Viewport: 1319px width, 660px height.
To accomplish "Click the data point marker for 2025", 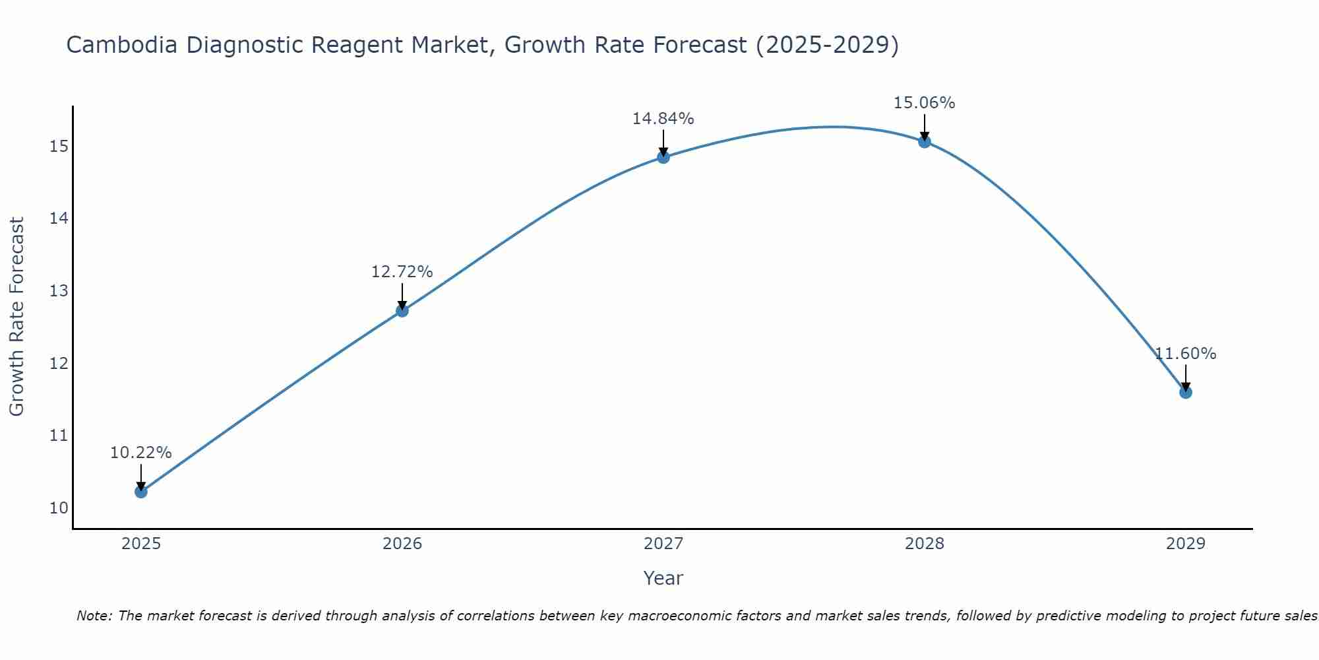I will [x=140, y=492].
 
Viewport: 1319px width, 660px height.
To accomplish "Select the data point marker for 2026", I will [x=402, y=310].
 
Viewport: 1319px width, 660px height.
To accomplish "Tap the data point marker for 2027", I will [x=663, y=157].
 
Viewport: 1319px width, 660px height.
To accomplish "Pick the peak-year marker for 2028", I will [x=925, y=141].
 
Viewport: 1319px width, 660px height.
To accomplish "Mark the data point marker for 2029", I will [x=1186, y=392].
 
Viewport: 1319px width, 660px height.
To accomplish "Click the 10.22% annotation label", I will [x=140, y=453].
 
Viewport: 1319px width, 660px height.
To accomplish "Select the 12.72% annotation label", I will [x=402, y=272].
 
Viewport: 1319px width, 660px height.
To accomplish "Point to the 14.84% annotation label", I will [x=663, y=119].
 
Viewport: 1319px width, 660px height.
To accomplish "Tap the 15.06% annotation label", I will [x=924, y=103].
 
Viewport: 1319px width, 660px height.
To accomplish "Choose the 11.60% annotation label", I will [x=1185, y=354].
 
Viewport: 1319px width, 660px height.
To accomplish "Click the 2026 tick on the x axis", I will [x=402, y=544].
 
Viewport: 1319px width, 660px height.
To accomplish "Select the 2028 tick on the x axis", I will [x=925, y=544].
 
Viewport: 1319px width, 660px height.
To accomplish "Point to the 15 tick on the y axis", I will [x=59, y=146].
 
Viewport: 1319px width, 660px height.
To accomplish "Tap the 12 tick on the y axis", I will [x=59, y=363].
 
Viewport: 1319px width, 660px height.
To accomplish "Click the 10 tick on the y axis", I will [x=59, y=508].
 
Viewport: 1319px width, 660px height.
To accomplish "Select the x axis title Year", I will [x=663, y=578].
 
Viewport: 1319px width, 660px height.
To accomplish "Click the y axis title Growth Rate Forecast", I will [x=16, y=316].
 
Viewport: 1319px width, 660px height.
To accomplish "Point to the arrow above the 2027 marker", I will [x=663, y=142].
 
